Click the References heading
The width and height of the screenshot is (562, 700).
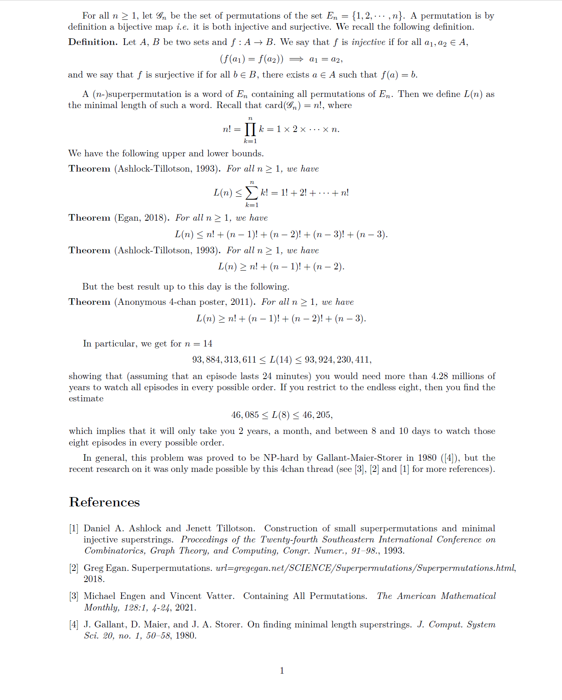[x=104, y=502]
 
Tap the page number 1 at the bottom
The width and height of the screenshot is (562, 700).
[x=282, y=671]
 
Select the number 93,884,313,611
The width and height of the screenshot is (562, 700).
[x=224, y=360]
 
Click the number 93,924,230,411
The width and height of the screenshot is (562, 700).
[x=338, y=360]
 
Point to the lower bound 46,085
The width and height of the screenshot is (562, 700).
[x=245, y=415]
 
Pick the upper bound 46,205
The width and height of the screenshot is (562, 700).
[x=317, y=415]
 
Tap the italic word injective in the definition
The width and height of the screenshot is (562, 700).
[x=368, y=42]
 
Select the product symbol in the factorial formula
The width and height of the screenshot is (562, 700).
[x=250, y=129]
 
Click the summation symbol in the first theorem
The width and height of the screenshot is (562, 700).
[x=252, y=193]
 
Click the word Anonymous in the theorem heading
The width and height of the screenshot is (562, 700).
[x=142, y=302]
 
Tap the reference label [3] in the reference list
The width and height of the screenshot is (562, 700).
[x=74, y=596]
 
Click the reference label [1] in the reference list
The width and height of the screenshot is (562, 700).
[x=74, y=528]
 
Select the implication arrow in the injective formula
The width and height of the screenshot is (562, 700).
[x=296, y=59]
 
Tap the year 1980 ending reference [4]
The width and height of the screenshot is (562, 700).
[x=185, y=636]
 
